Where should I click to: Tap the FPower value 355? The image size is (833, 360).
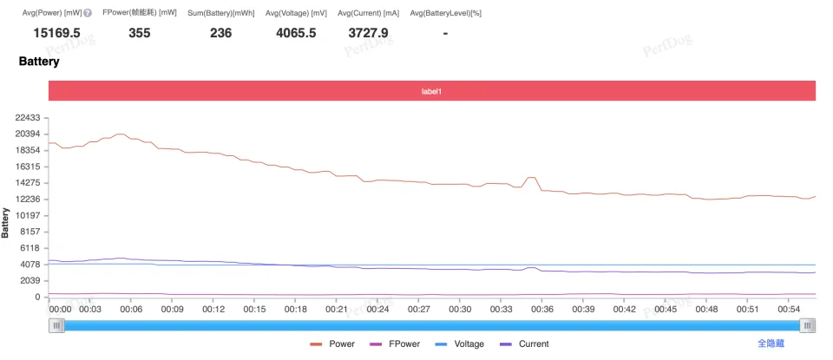click(140, 33)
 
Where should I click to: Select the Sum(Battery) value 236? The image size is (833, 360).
click(221, 33)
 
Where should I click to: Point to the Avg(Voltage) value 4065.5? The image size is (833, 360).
click(296, 33)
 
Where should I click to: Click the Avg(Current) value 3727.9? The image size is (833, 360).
click(369, 33)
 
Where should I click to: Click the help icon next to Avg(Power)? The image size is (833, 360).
click(88, 13)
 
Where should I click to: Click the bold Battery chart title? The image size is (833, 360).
click(39, 62)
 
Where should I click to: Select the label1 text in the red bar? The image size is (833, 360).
click(432, 91)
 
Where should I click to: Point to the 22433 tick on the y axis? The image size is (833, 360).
click(28, 117)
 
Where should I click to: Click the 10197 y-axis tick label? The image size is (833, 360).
click(28, 215)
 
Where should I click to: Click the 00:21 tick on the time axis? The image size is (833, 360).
click(337, 309)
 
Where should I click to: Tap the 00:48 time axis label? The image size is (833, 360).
click(706, 309)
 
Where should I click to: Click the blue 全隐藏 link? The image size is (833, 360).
click(771, 344)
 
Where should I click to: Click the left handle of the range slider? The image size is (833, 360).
click(57, 325)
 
